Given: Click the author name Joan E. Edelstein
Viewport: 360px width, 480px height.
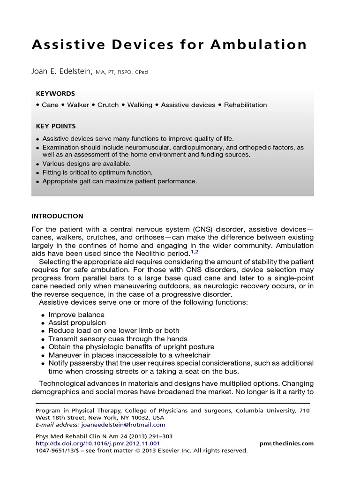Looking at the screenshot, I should pos(61,72).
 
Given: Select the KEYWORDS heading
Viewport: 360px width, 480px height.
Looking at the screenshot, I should pos(55,94).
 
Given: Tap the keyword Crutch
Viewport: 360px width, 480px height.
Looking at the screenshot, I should pos(108,105).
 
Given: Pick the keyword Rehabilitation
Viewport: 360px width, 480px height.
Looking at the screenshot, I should pos(245,105).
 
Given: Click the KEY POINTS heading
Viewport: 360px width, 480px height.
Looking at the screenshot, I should pos(56,126).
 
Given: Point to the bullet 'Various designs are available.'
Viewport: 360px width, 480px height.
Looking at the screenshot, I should pos(86,164).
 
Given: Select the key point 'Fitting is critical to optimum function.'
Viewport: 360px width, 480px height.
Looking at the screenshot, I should pos(97,172).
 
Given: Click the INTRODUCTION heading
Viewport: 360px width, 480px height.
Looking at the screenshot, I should pos(57,216).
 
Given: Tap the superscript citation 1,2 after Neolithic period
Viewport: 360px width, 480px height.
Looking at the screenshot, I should pos(193,252).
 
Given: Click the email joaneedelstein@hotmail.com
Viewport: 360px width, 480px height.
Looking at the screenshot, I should pos(123,425).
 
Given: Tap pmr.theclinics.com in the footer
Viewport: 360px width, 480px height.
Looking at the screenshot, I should pos(286,443).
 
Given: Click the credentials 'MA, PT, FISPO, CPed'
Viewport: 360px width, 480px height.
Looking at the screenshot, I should pos(121,72).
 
